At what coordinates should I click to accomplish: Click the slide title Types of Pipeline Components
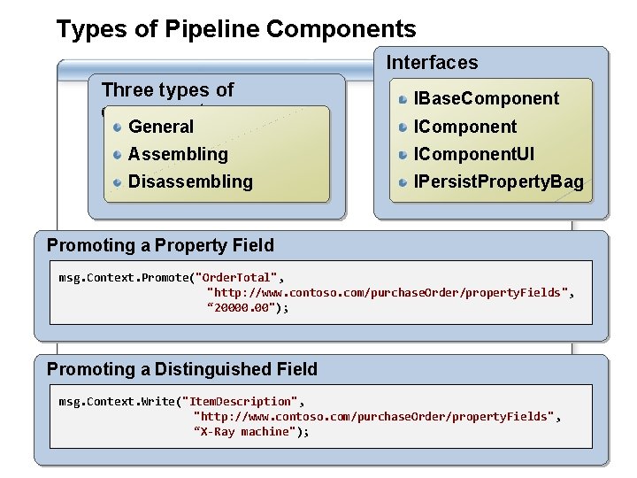tap(236, 29)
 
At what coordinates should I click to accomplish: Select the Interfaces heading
tap(432, 62)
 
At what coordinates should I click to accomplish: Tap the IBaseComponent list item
tap(487, 98)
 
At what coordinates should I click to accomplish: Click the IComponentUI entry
tap(474, 154)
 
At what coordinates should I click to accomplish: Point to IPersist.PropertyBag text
tap(499, 181)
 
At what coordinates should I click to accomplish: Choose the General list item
tap(161, 127)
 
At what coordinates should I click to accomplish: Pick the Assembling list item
tap(178, 154)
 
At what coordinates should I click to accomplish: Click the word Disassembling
tap(190, 181)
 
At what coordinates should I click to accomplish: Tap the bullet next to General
tap(118, 127)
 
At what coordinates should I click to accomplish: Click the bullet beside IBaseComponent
tap(403, 98)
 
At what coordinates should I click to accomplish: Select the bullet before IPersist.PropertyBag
tap(403, 181)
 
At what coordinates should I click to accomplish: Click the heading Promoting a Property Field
tap(160, 245)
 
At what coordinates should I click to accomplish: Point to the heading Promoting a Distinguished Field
tap(181, 369)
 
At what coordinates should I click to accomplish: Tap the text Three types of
tap(167, 89)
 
